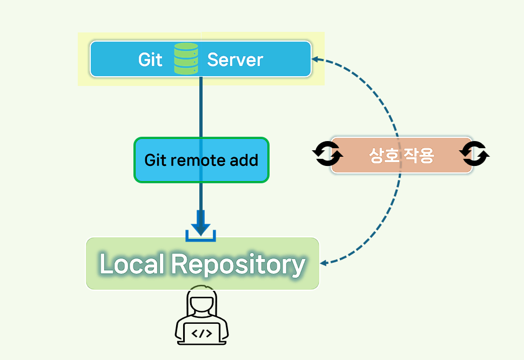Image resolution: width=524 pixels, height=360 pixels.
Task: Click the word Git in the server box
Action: point(150,59)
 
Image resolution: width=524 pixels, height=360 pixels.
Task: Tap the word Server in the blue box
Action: point(235,59)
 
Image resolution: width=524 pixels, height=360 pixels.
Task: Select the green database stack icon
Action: point(186,59)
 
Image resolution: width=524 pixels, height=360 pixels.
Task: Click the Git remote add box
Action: point(201,160)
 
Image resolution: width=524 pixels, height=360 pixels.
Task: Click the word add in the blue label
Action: point(243,160)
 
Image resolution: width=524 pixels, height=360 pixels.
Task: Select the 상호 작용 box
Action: point(401,156)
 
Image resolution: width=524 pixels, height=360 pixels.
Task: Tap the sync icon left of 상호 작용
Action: point(327,155)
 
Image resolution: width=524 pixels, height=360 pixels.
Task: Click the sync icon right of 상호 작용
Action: point(474,155)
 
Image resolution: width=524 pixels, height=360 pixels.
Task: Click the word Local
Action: point(132,264)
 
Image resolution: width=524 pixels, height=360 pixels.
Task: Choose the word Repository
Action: point(238,264)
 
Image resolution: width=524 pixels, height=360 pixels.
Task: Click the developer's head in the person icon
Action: point(201,303)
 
